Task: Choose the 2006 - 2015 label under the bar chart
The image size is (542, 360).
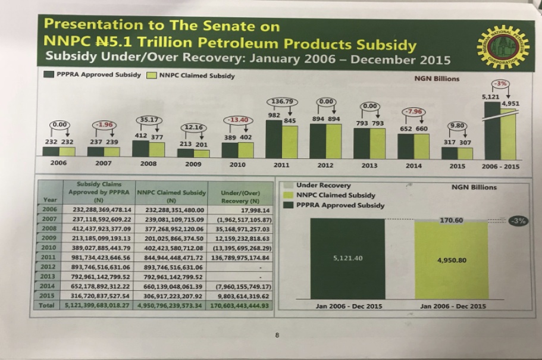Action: point(500,166)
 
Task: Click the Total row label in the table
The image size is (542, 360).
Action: point(46,306)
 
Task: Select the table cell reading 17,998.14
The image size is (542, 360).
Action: point(254,209)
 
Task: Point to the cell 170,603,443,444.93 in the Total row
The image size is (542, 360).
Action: point(240,306)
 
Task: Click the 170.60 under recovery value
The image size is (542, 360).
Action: point(451,220)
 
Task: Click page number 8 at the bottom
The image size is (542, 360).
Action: point(277,336)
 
